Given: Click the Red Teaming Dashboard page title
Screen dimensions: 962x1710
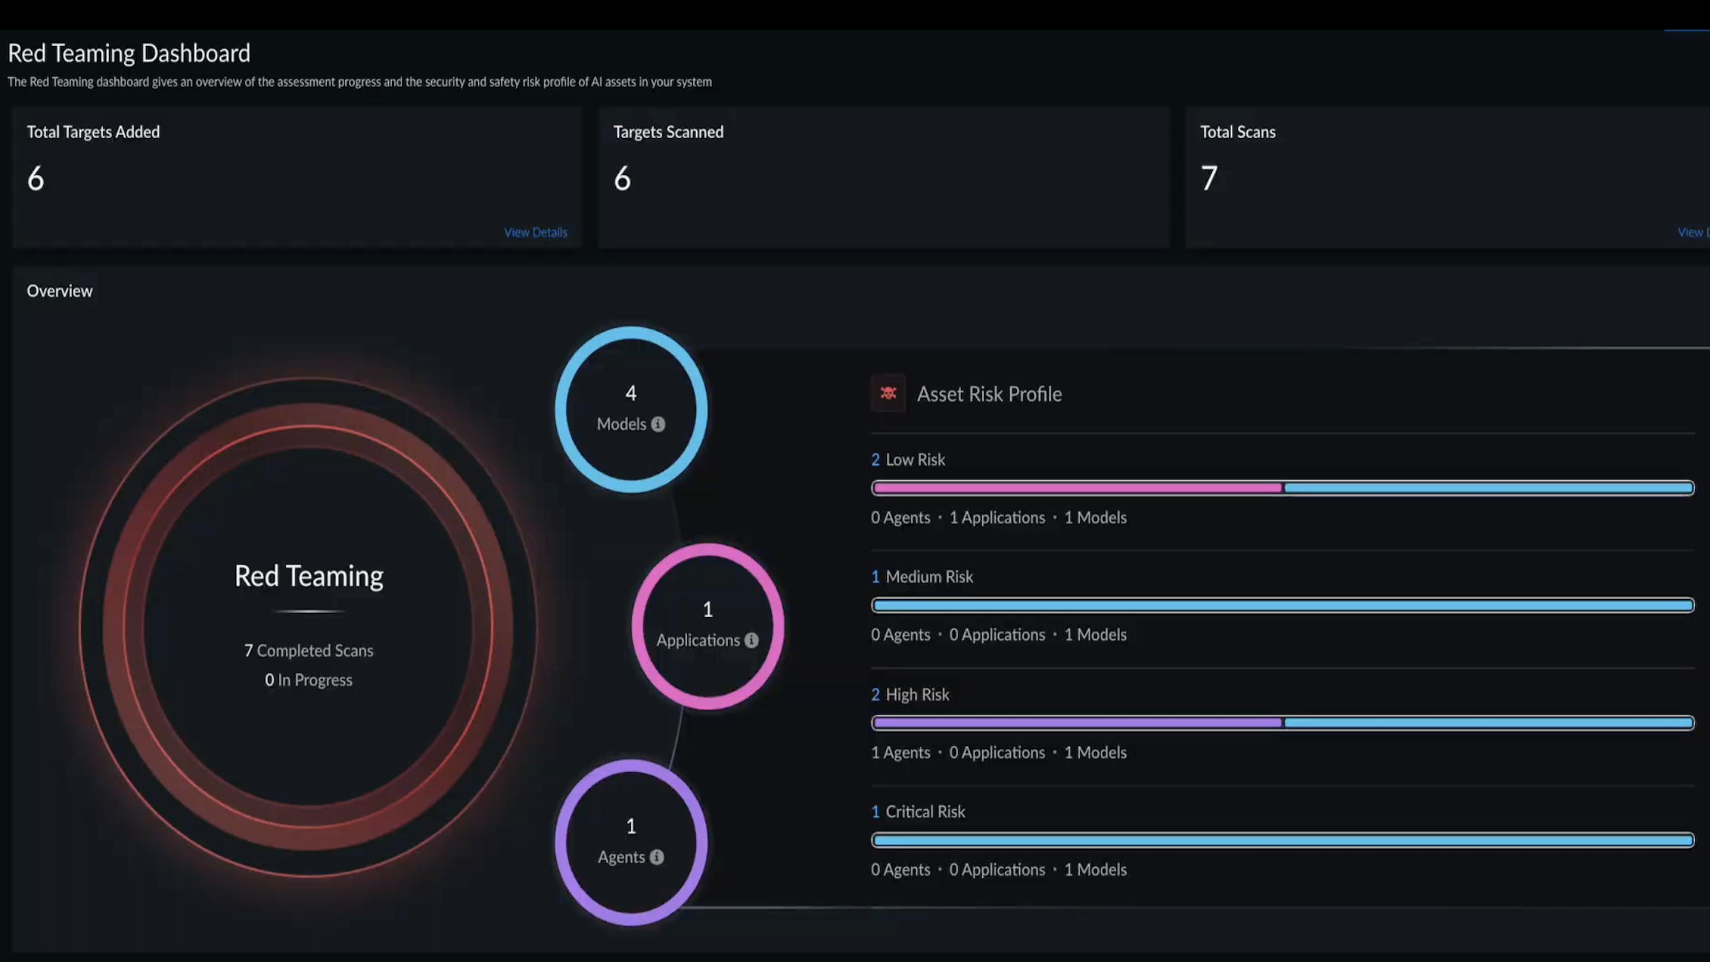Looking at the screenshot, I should [129, 53].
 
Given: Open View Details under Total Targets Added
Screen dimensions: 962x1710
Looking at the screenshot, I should [535, 232].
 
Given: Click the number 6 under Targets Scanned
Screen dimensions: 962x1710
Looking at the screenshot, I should [622, 179].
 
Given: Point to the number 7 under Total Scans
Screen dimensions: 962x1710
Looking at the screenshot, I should [1208, 179].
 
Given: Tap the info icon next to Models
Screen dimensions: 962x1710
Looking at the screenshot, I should [658, 425].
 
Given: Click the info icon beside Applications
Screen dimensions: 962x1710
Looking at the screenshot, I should [752, 640].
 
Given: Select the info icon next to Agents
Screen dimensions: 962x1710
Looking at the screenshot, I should [657, 857].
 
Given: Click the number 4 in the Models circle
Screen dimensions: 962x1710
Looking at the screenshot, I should [631, 393].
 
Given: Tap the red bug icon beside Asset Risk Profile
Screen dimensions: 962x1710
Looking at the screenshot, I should [888, 393].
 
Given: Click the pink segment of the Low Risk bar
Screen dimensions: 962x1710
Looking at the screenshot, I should [1076, 488].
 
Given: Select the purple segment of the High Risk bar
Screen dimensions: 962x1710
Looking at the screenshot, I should [1076, 722].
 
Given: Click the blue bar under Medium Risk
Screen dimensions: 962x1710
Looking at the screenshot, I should [1282, 605].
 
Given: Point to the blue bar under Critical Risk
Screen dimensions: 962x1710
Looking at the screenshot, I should [1282, 840].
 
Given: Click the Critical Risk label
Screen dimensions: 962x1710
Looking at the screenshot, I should [925, 811].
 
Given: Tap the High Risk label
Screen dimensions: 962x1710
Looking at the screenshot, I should [917, 694].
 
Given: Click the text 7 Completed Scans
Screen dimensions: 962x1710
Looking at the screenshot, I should [309, 650].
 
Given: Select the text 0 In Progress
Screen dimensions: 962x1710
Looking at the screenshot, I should [309, 680].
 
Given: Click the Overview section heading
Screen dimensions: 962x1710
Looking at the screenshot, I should [59, 291].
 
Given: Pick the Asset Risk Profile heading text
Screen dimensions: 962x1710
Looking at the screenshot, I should [989, 393].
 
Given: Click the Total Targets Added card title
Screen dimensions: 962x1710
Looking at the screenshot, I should [94, 132].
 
